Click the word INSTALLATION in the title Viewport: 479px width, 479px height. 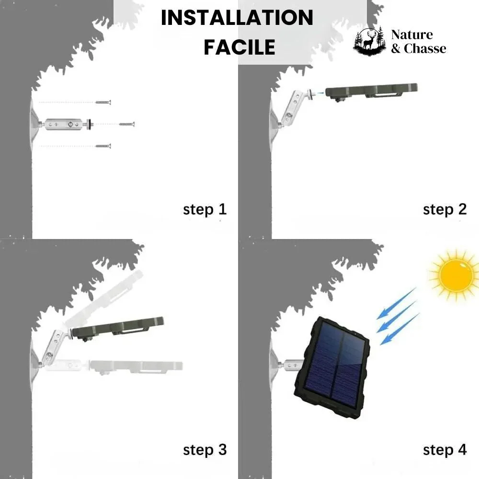(x=237, y=18)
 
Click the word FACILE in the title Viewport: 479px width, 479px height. (x=239, y=47)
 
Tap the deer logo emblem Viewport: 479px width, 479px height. (x=369, y=41)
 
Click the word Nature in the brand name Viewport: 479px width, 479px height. (x=411, y=34)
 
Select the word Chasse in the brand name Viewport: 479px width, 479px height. (x=425, y=48)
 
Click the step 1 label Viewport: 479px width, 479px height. (x=205, y=209)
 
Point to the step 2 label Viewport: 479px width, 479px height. (x=445, y=209)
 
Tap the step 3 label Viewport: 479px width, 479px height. (x=205, y=450)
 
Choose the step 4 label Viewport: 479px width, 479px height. (x=445, y=450)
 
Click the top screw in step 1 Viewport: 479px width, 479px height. (x=103, y=102)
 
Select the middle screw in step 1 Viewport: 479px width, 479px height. (x=127, y=124)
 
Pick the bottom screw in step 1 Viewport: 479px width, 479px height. (x=103, y=146)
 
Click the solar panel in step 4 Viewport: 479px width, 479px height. (x=332, y=366)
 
